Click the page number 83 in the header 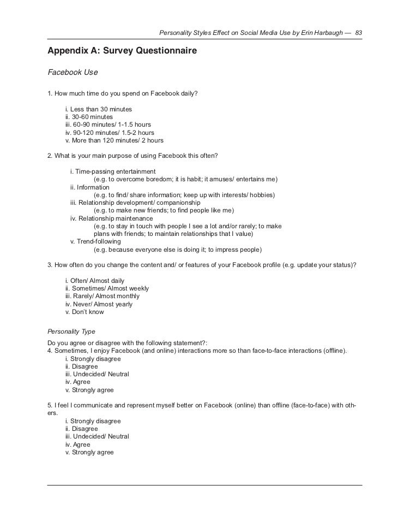(x=358, y=33)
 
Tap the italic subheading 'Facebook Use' (x=73, y=72)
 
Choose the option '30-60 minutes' (x=89, y=117)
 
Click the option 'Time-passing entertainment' (x=113, y=171)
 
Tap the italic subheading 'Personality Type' (x=71, y=331)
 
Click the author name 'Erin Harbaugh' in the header (x=320, y=33)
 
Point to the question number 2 (x=50, y=156)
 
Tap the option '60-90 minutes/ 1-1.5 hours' (x=108, y=125)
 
